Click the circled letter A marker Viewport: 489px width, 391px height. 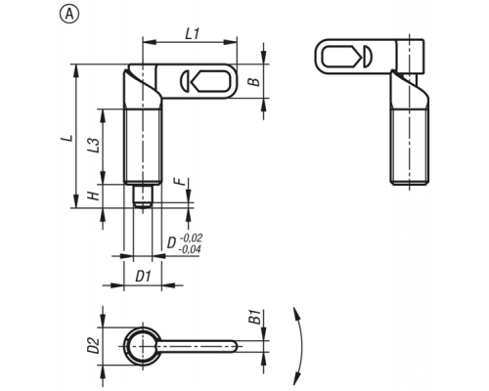69,14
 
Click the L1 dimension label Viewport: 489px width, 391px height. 193,34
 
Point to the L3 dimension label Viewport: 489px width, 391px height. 93,146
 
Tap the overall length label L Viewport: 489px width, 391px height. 67,138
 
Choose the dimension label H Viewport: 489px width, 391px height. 93,195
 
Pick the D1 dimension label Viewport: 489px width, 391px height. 144,277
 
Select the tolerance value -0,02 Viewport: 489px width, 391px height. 191,238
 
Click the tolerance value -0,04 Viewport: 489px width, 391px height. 190,249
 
